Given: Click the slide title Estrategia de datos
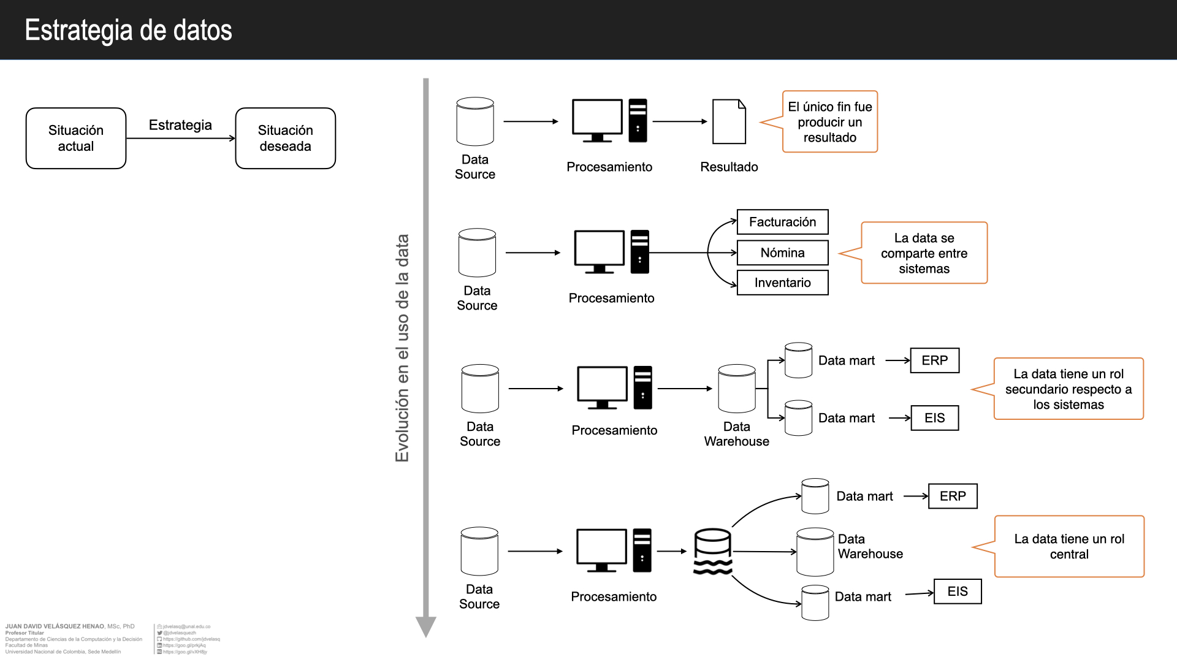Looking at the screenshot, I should coord(128,30).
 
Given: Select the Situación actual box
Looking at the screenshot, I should coord(76,139).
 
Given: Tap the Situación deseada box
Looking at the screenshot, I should coord(286,139).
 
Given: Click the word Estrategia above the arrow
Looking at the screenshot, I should coord(180,125).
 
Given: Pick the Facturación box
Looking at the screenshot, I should coord(782,222).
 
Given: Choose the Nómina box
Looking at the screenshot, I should coord(782,253).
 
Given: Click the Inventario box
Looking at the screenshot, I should coord(782,283).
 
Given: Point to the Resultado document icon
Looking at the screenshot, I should coord(729,122).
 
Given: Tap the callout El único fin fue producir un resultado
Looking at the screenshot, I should coord(830,122).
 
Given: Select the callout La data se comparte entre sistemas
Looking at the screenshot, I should coord(924,253).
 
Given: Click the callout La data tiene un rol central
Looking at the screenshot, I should coord(1069,546).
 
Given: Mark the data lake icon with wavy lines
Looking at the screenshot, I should coord(712,552).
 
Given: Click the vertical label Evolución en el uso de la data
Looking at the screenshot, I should coord(402,348).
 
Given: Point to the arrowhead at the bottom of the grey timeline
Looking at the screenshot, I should coord(425,627).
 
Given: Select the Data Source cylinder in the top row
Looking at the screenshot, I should coord(475,121).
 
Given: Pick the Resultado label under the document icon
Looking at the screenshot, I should coord(729,167).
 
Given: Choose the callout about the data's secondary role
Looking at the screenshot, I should coord(1068,389).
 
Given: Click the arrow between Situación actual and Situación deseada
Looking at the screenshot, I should coord(180,139).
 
